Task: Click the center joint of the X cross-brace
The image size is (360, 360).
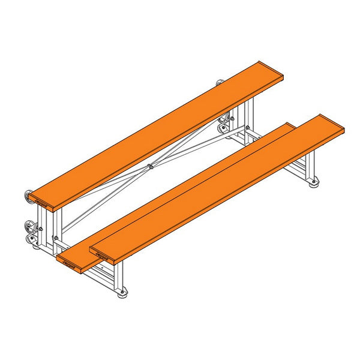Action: coord(149,167)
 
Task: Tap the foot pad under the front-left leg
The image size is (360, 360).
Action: coord(122,293)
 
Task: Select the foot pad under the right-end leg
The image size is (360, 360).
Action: coord(314,184)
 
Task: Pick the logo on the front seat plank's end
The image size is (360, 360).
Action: coord(100,253)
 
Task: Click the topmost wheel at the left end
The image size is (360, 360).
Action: coord(28,195)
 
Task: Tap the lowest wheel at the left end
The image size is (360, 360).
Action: coord(30,239)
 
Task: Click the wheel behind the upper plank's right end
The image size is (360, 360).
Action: coord(220,82)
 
